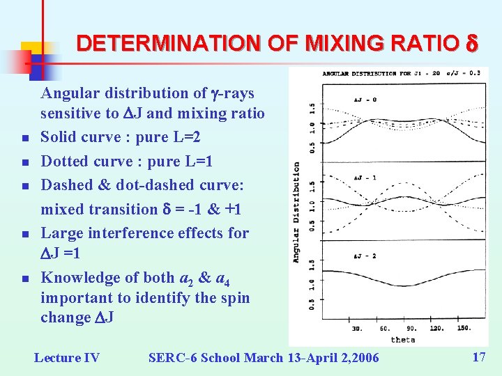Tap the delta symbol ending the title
pyautogui.click(x=471, y=43)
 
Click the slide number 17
pyautogui.click(x=478, y=357)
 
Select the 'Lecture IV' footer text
pyautogui.click(x=67, y=358)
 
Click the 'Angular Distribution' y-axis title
pyautogui.click(x=296, y=212)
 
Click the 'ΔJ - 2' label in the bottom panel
pyautogui.click(x=365, y=256)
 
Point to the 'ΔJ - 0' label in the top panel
pyautogui.click(x=365, y=100)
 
